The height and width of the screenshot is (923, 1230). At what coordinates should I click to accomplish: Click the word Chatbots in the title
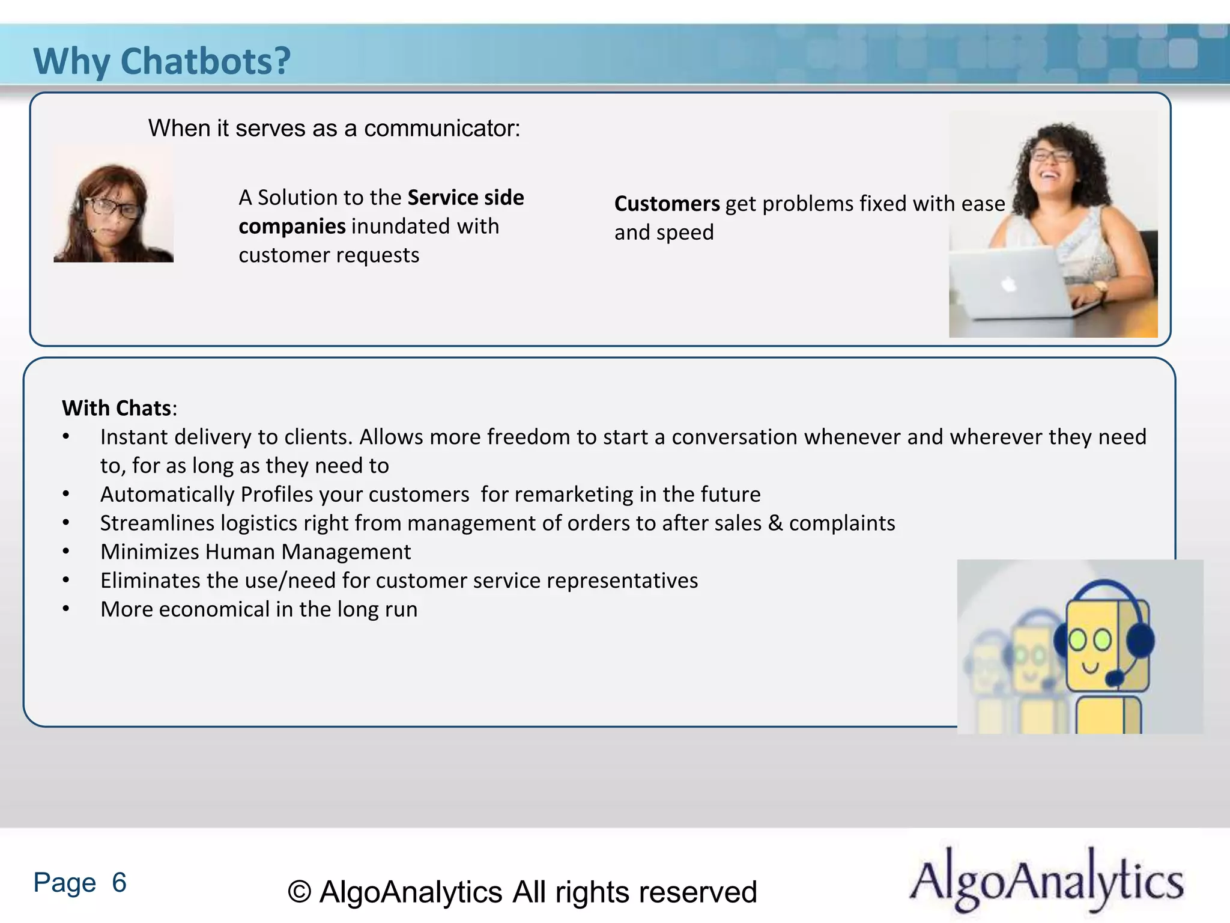point(205,61)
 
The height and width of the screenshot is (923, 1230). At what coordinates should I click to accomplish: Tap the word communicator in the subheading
point(442,129)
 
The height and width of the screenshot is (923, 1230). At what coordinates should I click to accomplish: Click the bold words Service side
point(465,198)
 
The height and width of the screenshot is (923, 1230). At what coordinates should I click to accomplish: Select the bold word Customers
point(667,204)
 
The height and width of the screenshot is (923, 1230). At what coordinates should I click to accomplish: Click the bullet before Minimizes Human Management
point(66,552)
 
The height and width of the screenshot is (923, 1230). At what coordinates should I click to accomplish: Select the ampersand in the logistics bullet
point(775,523)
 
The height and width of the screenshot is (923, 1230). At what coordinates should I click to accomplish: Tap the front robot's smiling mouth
point(1091,667)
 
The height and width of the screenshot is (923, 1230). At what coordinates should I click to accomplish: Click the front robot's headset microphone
point(1115,678)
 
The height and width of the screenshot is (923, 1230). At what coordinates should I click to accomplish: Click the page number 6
point(119,882)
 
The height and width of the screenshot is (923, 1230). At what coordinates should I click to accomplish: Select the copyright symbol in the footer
point(299,892)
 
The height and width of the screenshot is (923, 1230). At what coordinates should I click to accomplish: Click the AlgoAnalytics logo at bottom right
point(1046,880)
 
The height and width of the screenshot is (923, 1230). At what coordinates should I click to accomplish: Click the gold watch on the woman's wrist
point(1100,287)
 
